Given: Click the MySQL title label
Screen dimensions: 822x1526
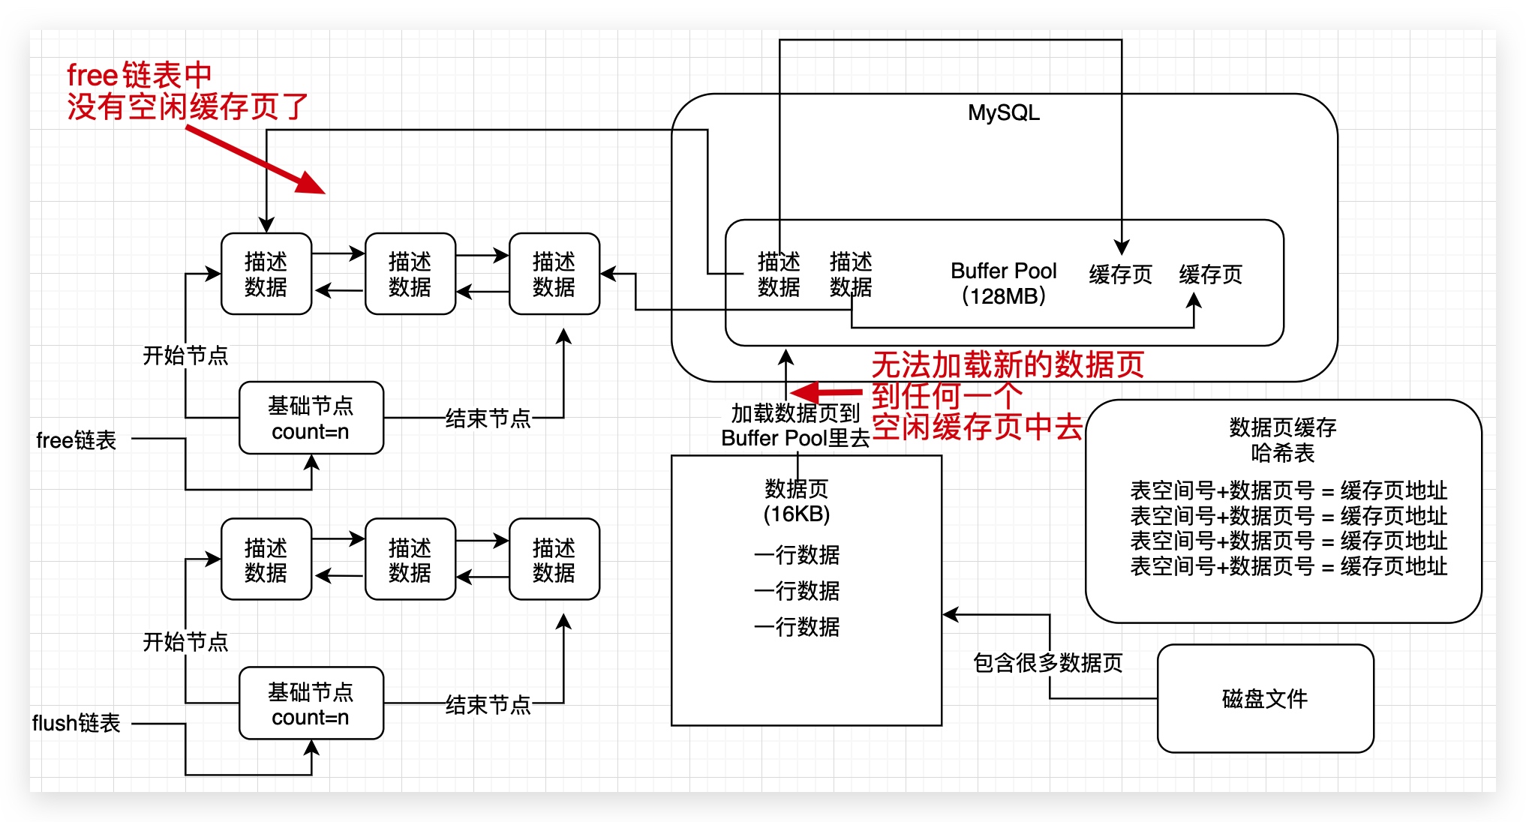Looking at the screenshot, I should coord(1003,112).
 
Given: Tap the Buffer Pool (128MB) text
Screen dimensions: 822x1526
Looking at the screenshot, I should coord(1003,283).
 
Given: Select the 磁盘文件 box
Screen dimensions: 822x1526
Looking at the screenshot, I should coord(1265,698).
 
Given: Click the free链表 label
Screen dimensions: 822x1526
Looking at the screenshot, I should coord(76,439).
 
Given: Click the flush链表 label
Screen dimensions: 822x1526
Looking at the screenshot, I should coord(76,723).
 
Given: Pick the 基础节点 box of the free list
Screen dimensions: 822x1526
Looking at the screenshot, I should coord(311,418).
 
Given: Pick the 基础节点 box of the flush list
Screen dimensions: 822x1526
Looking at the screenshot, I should coord(311,703).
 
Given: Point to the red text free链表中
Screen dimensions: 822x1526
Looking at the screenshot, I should coord(140,75).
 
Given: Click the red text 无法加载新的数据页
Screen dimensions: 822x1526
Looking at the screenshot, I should coord(1007,365).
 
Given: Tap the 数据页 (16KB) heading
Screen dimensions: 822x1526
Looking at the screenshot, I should coord(796,501).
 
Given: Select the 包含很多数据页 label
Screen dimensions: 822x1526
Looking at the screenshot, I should coord(1047,663).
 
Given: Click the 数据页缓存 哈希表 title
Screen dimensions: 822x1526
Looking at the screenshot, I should coord(1282,440).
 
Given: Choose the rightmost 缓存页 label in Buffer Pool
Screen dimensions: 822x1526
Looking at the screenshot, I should coord(1210,274).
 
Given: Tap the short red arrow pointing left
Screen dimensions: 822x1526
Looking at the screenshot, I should coord(825,392).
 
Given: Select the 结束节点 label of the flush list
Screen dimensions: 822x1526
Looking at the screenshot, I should coord(488,705).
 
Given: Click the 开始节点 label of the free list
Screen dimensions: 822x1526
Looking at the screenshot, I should coord(185,355).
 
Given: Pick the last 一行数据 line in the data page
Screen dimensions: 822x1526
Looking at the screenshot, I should coord(797,626).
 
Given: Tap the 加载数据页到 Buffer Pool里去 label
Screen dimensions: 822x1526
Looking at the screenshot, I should coord(795,425).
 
